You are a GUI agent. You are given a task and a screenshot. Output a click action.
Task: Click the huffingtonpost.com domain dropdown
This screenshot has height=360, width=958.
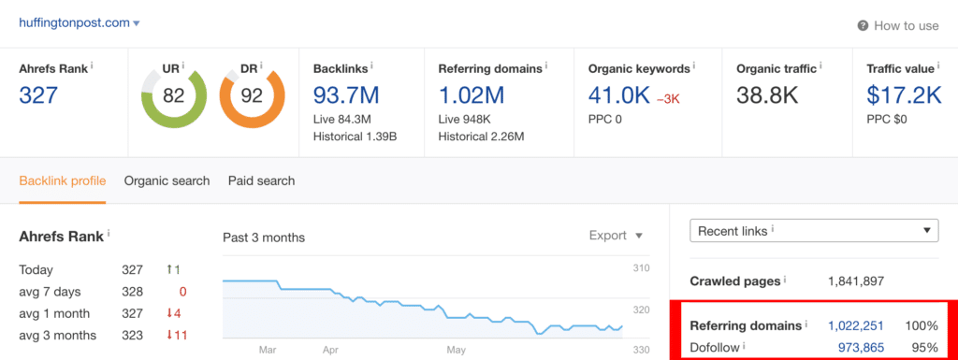click(80, 23)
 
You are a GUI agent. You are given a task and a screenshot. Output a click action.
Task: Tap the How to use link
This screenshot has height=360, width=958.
click(898, 25)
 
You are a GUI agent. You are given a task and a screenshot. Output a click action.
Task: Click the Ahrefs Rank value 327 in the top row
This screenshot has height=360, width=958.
click(38, 95)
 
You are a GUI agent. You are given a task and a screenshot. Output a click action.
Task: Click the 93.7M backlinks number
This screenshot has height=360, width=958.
click(346, 95)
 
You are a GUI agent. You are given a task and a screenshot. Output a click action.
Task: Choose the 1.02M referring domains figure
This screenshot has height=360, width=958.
click(472, 95)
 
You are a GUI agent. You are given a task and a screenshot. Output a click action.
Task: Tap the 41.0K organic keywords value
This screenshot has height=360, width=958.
click(619, 95)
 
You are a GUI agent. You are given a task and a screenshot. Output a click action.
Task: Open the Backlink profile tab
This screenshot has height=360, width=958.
click(63, 180)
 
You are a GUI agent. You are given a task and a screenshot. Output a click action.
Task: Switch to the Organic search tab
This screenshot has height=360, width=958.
click(167, 180)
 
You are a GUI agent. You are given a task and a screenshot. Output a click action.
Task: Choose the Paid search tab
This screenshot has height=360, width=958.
click(262, 180)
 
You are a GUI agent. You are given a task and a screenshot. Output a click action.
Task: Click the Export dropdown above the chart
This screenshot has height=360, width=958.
click(616, 236)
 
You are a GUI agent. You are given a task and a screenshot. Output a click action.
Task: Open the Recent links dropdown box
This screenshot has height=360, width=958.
click(814, 231)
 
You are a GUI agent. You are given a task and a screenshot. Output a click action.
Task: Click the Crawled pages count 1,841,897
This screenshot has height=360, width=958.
click(856, 281)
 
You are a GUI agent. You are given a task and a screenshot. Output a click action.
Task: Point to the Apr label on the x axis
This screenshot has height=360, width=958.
click(330, 351)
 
